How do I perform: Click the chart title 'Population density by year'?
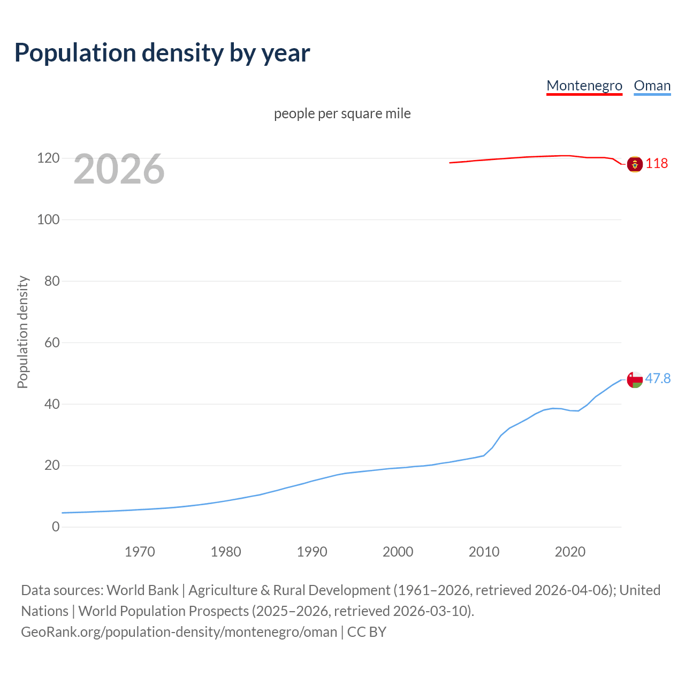(x=162, y=52)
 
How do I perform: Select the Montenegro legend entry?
(x=584, y=86)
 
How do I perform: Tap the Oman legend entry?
(x=652, y=86)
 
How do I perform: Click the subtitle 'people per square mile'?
(x=342, y=113)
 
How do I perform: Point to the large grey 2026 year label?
(x=119, y=169)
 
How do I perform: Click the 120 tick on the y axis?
(x=48, y=158)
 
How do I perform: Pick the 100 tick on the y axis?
(x=48, y=219)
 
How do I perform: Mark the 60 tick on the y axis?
(x=51, y=342)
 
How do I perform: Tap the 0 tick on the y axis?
(x=56, y=527)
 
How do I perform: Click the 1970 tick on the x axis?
(x=140, y=552)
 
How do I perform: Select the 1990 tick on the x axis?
(x=312, y=552)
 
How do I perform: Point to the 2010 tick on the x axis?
(x=484, y=552)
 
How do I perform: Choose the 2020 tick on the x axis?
(x=570, y=552)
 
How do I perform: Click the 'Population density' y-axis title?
(x=22, y=332)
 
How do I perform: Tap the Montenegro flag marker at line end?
(x=635, y=164)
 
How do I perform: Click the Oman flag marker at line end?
(x=635, y=379)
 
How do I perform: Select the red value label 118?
(x=657, y=163)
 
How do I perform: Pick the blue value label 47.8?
(x=658, y=378)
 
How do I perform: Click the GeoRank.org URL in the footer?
(x=179, y=631)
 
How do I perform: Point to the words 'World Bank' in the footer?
(x=142, y=590)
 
